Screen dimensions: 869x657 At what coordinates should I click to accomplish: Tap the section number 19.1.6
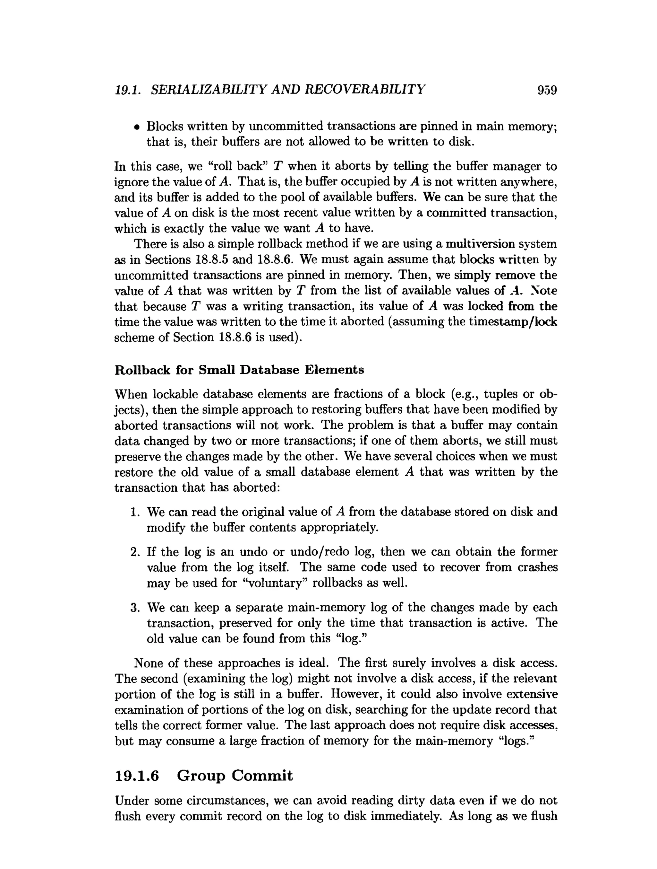coord(137,776)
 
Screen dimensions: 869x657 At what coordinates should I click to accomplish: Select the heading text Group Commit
coord(235,776)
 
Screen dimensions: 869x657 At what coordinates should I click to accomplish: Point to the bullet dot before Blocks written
coord(136,127)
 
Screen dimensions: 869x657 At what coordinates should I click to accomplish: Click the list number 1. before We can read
coord(135,512)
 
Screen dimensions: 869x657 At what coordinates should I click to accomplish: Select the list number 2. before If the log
coord(135,552)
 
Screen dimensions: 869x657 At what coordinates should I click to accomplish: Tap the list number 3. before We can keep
coord(135,608)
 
